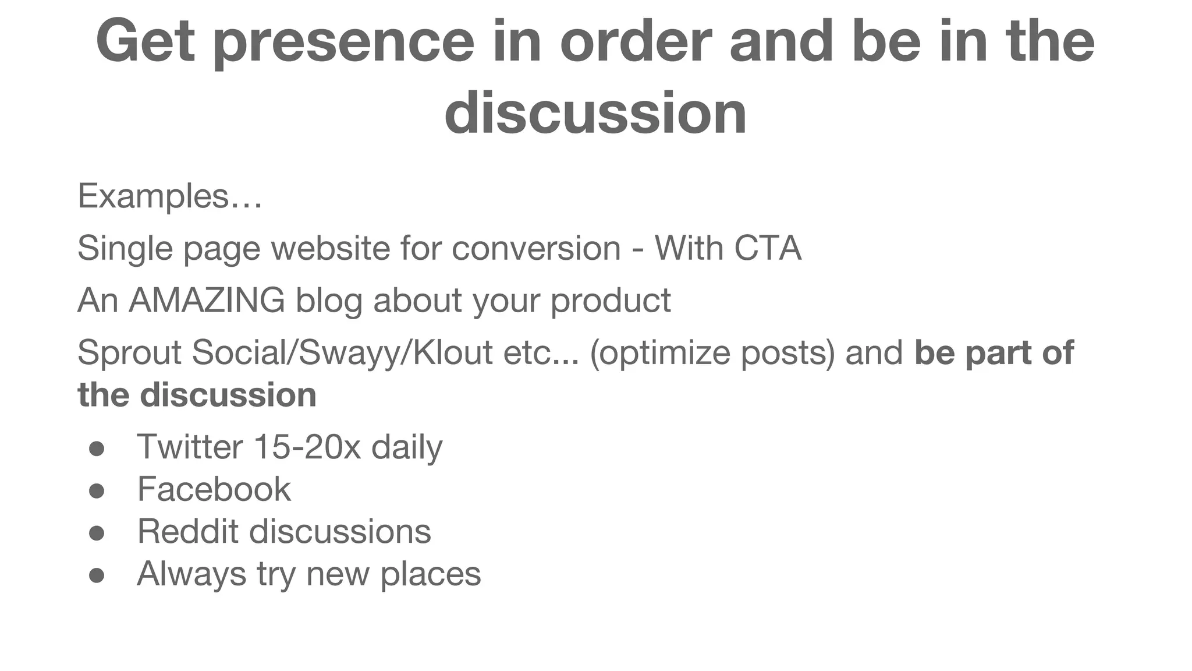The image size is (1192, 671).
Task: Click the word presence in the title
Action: (344, 42)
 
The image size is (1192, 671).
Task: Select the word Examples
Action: (153, 196)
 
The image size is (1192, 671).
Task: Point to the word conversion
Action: (536, 248)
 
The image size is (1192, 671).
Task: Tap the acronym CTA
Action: (768, 248)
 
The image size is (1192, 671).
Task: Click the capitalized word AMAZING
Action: (207, 301)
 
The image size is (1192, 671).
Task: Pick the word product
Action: (611, 302)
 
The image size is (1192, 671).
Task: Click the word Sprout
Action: (129, 353)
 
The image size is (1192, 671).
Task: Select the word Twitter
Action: (190, 447)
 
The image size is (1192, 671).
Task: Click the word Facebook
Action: (214, 489)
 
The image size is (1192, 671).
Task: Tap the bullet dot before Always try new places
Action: (97, 575)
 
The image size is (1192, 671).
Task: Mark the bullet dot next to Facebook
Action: (97, 491)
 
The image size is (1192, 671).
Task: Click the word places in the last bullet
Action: (431, 574)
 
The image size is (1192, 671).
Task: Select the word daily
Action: (407, 448)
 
